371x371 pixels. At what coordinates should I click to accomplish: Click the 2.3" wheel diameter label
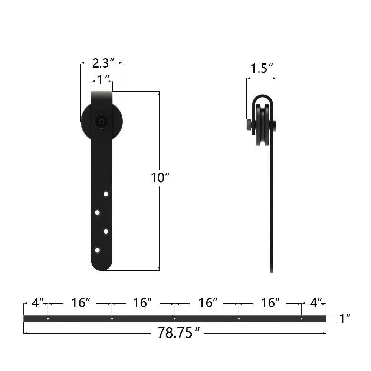pyautogui.click(x=101, y=63)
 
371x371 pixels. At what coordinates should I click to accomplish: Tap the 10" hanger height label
pyautogui.click(x=160, y=178)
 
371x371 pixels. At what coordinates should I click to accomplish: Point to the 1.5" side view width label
pyautogui.click(x=262, y=69)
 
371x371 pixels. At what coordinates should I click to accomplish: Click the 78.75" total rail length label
pyautogui.click(x=176, y=333)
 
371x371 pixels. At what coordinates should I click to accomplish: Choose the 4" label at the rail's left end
pyautogui.click(x=37, y=303)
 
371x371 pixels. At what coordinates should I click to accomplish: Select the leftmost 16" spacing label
pyautogui.click(x=81, y=303)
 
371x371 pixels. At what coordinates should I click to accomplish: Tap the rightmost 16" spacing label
pyautogui.click(x=270, y=303)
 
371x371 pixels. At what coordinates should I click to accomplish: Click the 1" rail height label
pyautogui.click(x=345, y=318)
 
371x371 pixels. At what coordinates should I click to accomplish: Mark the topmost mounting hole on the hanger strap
pyautogui.click(x=106, y=194)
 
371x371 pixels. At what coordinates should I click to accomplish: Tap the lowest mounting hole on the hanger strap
pyautogui.click(x=97, y=250)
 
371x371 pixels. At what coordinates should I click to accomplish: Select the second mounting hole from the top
pyautogui.click(x=97, y=213)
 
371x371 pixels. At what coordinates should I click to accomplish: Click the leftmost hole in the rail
pyautogui.click(x=48, y=318)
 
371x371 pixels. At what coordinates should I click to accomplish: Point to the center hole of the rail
pyautogui.click(x=175, y=318)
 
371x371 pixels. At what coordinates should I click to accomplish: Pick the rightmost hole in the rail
pyautogui.click(x=302, y=318)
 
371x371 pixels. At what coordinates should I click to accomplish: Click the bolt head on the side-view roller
pyautogui.click(x=249, y=124)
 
